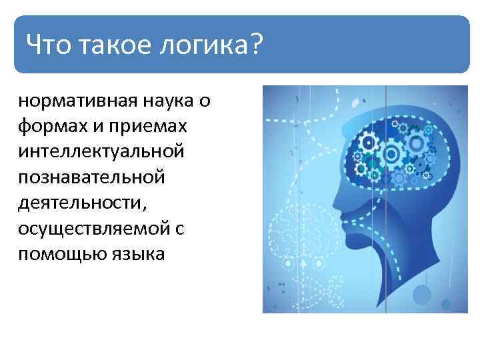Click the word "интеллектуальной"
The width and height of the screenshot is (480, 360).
101,152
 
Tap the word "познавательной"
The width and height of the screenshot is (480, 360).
90,178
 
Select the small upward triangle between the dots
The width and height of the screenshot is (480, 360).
302,263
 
